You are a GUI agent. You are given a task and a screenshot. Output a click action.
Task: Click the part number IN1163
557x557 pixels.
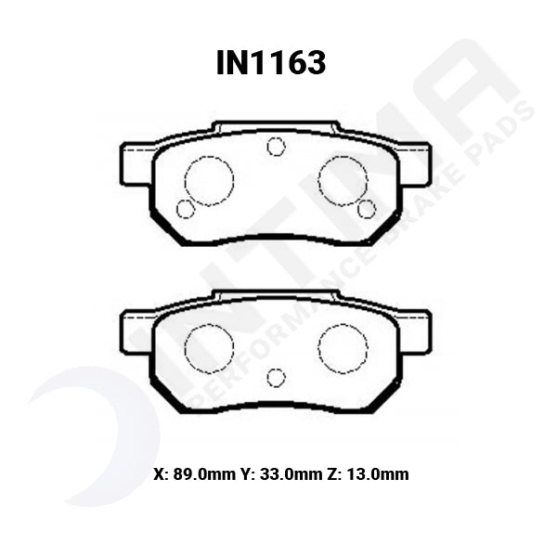click(271, 62)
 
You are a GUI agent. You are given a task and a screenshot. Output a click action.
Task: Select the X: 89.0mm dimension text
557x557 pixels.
click(197, 473)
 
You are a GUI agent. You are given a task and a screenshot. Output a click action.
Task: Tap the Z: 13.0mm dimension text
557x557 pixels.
click(369, 473)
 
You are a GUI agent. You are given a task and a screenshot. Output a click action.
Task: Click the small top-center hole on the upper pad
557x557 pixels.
click(276, 146)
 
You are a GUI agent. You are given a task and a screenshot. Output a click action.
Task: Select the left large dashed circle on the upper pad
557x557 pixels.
click(209, 180)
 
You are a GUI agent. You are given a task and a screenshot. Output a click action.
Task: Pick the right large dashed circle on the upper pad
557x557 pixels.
click(343, 180)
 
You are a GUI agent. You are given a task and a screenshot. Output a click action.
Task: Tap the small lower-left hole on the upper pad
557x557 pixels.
click(185, 209)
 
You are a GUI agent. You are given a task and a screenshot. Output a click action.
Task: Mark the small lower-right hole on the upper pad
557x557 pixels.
click(366, 209)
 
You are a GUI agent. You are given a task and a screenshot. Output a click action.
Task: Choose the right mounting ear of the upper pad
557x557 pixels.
click(415, 163)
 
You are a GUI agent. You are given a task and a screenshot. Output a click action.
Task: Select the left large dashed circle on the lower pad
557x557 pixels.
click(209, 348)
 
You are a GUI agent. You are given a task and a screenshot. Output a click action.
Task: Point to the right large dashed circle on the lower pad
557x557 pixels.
click(343, 348)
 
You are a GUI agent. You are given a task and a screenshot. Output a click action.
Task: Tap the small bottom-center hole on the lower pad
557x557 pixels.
click(276, 377)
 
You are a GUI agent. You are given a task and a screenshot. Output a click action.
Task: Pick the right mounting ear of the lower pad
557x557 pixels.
click(415, 330)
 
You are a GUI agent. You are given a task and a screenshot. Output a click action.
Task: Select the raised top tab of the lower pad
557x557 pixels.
click(276, 295)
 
